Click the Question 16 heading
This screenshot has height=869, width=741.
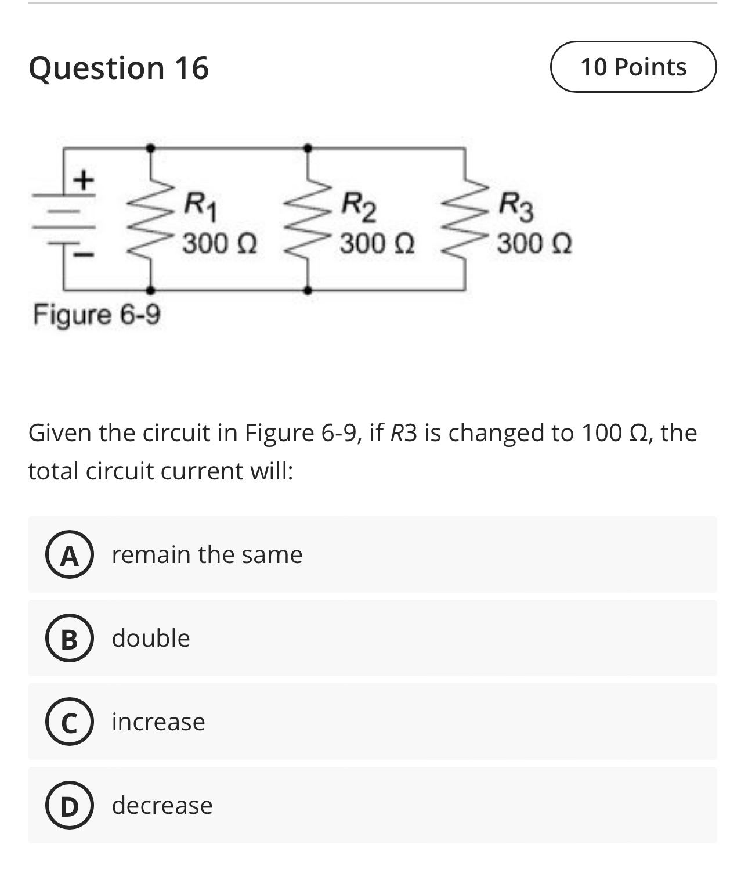[118, 68]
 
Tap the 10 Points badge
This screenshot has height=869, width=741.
[633, 67]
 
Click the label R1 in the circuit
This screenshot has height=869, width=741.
[201, 205]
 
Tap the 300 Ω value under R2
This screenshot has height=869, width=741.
[377, 243]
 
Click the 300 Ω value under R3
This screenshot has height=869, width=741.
[534, 243]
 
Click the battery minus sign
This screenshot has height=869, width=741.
[85, 254]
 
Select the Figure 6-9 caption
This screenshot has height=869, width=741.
[97, 315]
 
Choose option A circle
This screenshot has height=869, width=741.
[70, 556]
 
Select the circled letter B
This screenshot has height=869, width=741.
[70, 639]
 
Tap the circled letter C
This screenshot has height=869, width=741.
[70, 723]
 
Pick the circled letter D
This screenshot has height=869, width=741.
[70, 806]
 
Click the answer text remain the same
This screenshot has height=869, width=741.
[207, 555]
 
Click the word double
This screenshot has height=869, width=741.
[151, 639]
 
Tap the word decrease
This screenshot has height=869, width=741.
[162, 806]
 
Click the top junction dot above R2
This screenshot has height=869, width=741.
[308, 148]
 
